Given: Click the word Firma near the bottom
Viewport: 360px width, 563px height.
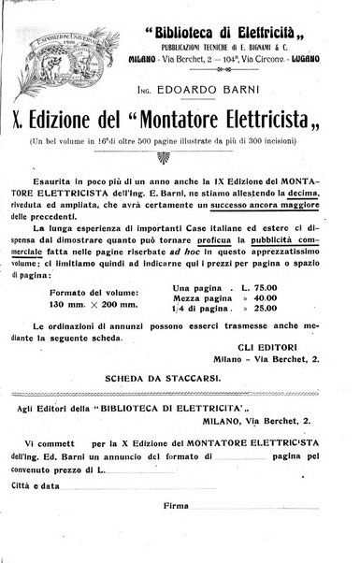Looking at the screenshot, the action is pos(176,506).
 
